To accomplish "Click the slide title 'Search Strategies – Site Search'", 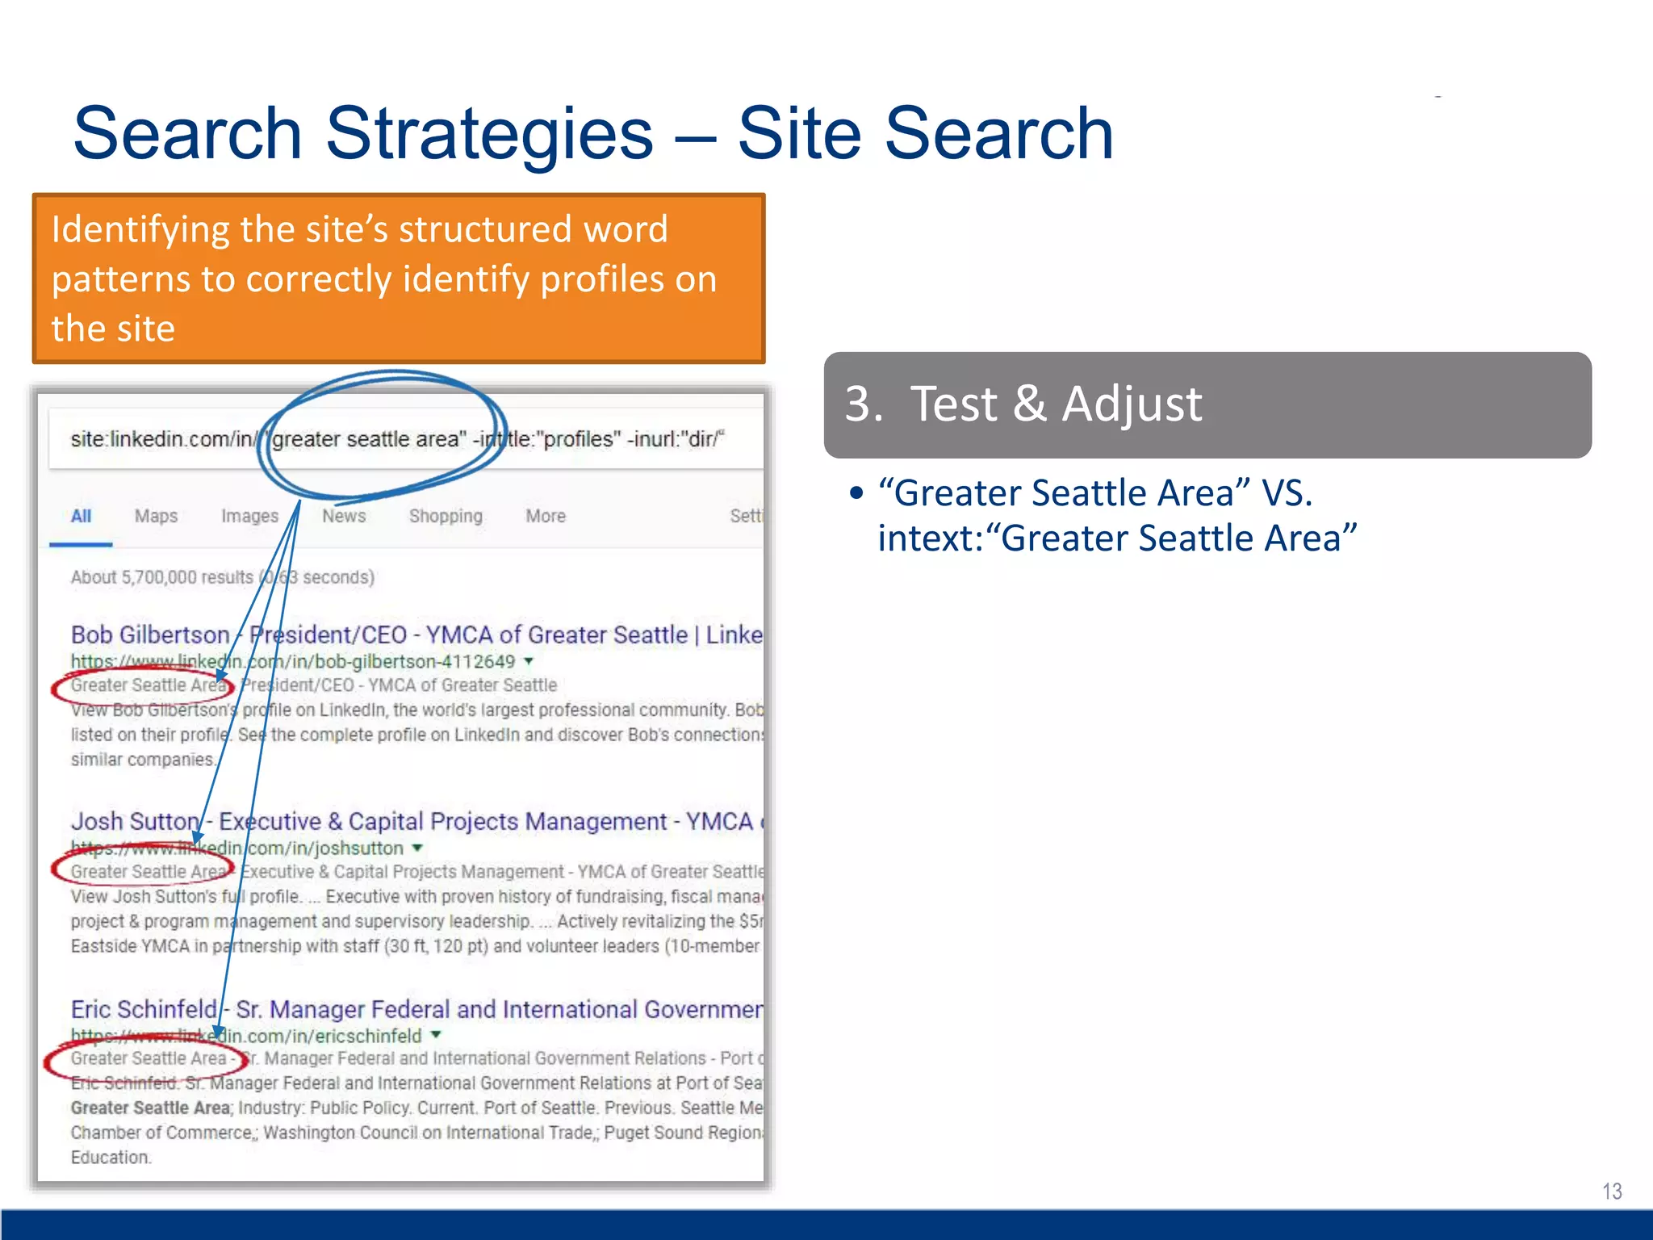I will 593,133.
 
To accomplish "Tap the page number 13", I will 1611,1191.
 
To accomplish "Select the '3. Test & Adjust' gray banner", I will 1207,404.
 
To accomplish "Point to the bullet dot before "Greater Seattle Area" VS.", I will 856,493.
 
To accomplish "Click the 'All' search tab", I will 81,517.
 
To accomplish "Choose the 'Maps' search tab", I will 156,517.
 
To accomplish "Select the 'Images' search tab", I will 249,517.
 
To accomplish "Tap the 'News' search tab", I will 344,517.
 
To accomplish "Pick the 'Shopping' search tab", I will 446,517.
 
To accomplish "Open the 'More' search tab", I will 546,517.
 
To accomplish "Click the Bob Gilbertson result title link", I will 416,635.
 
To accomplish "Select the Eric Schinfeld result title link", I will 416,1010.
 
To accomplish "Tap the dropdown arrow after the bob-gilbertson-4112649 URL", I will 529,661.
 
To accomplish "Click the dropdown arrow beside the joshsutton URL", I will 417,848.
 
